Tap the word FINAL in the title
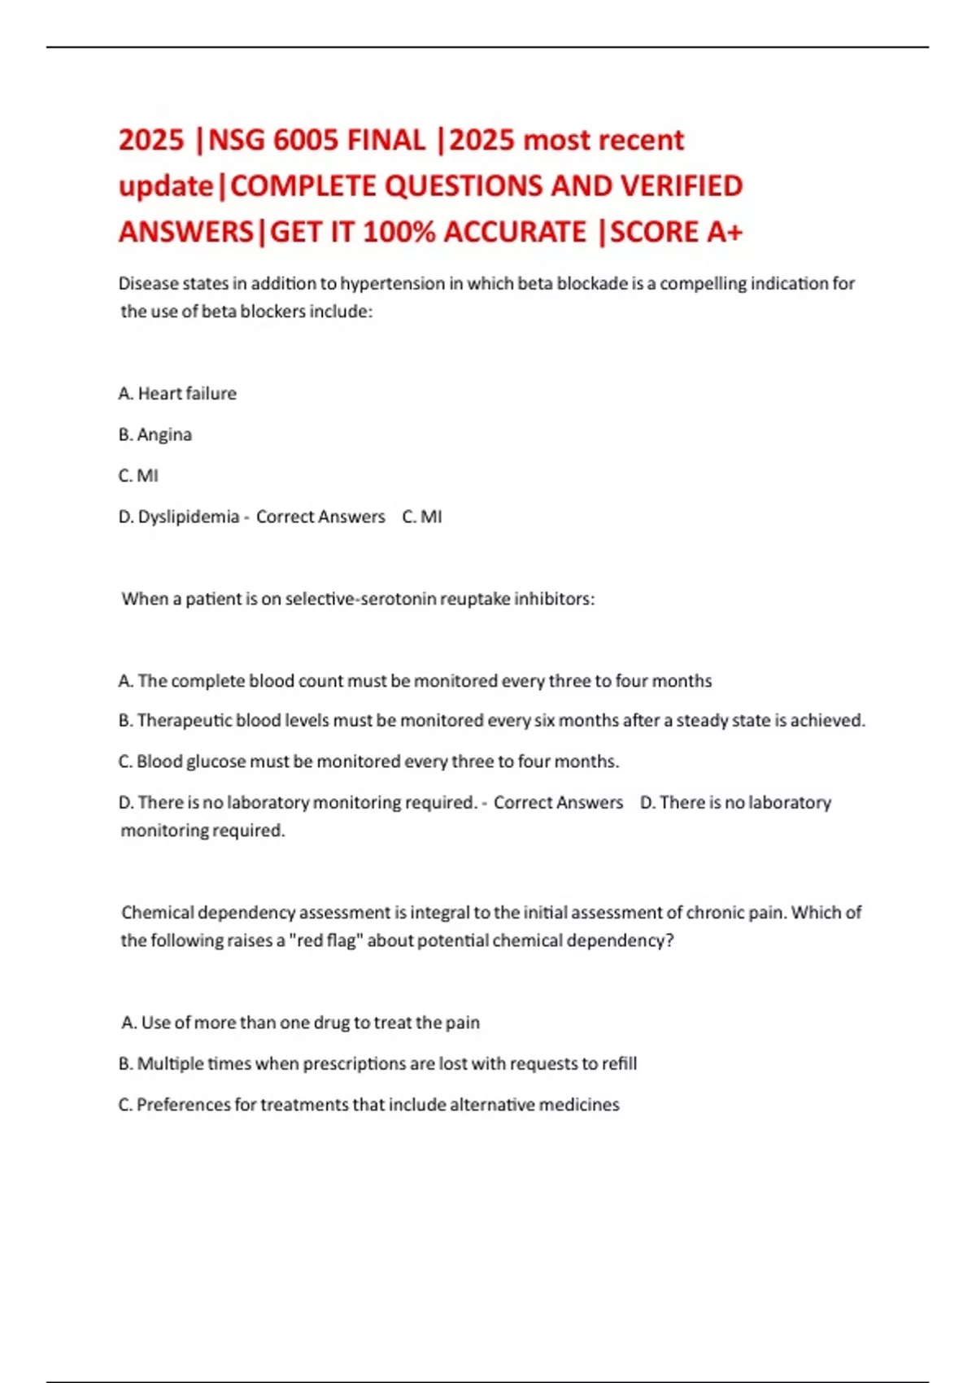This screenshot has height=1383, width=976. point(386,141)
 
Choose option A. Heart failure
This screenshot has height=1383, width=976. point(177,394)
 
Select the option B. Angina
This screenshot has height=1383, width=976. point(155,434)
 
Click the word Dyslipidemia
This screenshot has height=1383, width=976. point(188,517)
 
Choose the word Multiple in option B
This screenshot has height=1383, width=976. point(169,1064)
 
